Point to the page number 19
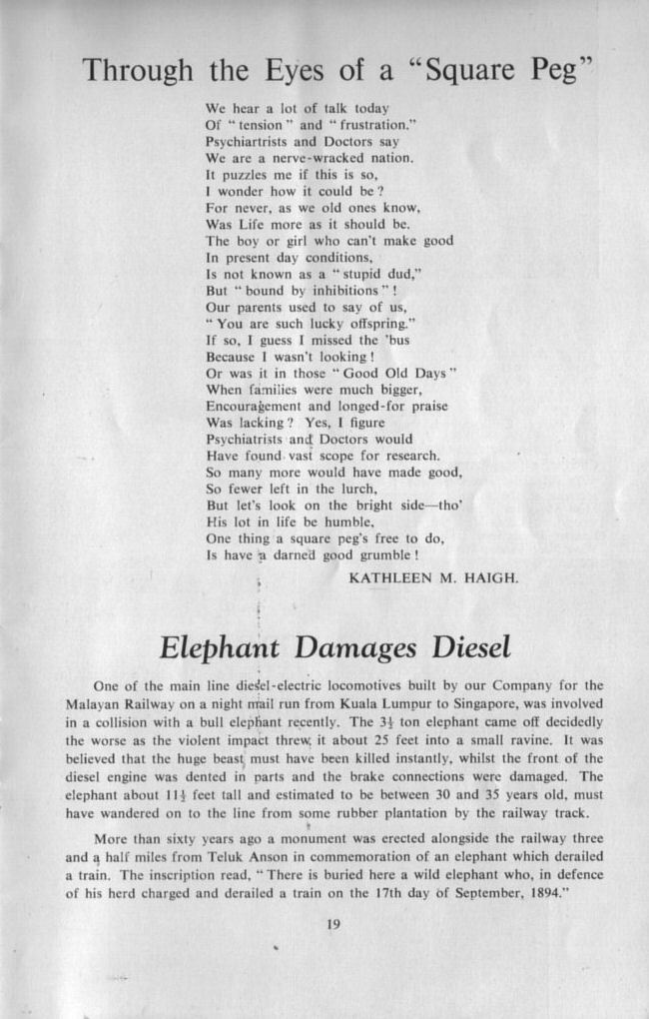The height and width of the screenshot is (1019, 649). [x=333, y=924]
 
